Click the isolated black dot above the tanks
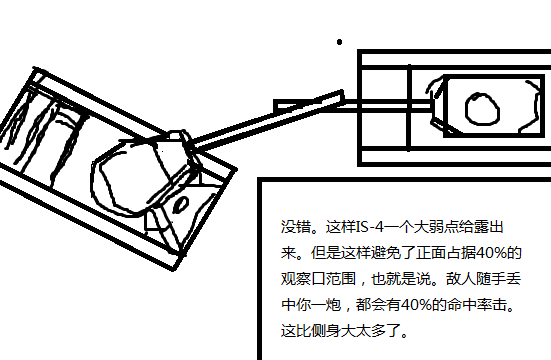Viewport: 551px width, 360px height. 339,42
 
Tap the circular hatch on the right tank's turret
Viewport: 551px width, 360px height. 482,109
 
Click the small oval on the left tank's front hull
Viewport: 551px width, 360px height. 181,205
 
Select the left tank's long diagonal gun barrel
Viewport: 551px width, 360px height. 267,120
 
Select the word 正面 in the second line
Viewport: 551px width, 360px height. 431,253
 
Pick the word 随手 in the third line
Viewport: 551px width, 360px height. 491,279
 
